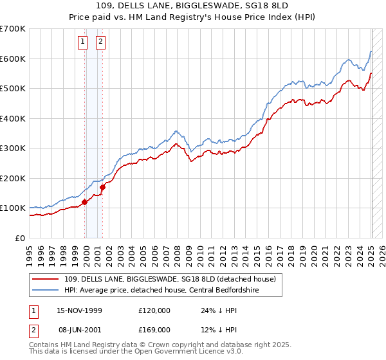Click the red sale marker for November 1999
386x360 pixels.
84,202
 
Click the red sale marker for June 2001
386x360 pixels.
102,187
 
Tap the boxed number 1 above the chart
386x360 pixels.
83,43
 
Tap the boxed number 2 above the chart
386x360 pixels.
101,43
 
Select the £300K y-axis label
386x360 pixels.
13,148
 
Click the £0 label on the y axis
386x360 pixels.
20,238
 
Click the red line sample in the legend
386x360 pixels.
46,279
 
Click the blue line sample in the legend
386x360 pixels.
46,290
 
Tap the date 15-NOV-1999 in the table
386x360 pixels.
80,310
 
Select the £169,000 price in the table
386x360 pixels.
154,330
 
